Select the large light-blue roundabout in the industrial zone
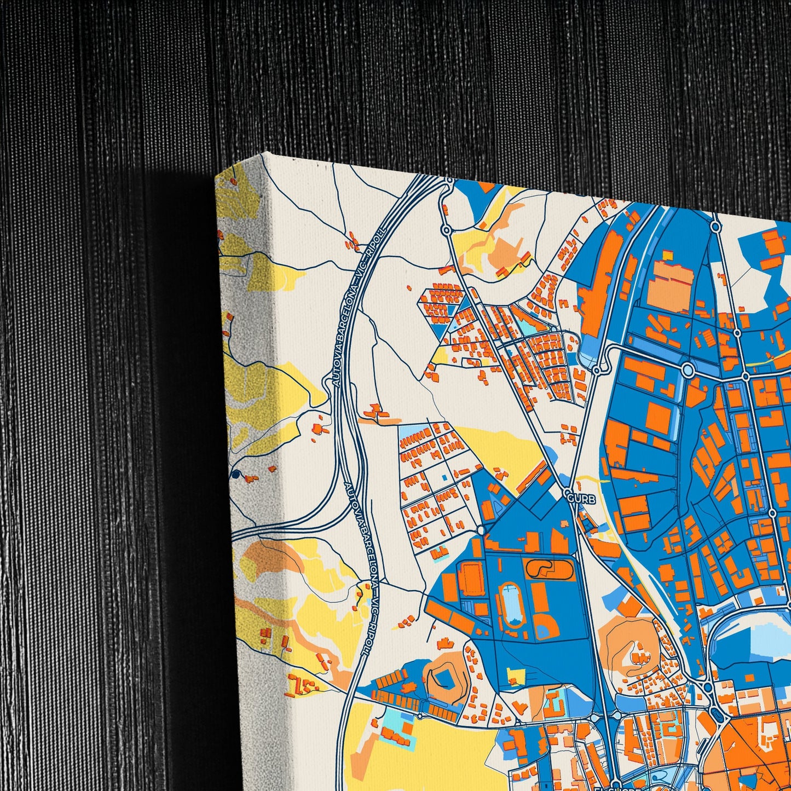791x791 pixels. [688, 372]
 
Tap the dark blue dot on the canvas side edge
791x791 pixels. [236, 475]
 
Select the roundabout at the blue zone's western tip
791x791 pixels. [481, 530]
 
